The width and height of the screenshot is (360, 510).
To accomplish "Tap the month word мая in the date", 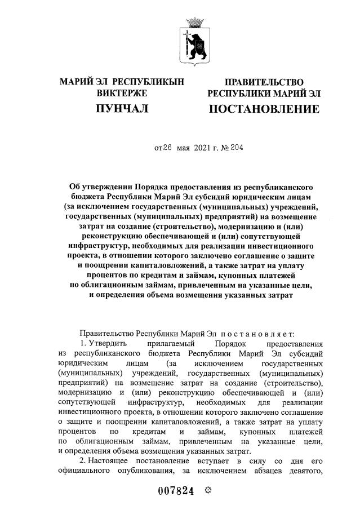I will (x=184, y=149).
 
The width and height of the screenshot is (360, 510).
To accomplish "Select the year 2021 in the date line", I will (x=205, y=149).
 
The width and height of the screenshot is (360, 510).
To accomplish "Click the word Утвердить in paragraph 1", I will (x=110, y=343).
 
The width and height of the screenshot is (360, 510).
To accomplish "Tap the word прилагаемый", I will (x=175, y=343).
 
